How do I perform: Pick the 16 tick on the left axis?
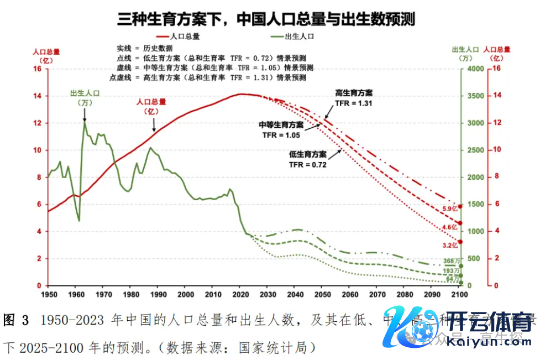click(38, 69)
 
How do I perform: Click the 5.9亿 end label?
click(450, 209)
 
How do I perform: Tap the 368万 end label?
click(452, 261)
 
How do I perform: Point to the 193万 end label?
click(452, 271)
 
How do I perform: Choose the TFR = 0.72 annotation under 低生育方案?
click(308, 164)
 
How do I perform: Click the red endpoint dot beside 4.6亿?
click(460, 223)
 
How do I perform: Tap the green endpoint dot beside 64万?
click(460, 284)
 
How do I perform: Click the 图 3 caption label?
click(16, 319)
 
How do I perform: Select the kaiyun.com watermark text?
click(487, 342)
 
